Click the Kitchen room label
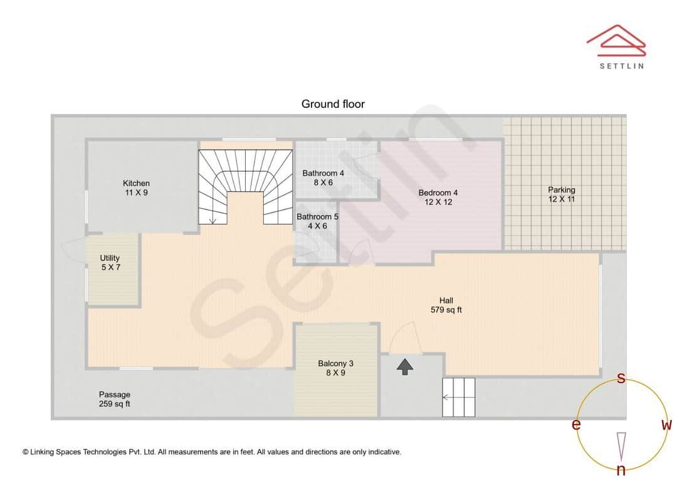137,188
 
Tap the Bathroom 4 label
323,177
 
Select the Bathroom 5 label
317,221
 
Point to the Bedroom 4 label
438,197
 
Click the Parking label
562,194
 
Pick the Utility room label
110,263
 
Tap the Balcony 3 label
336,368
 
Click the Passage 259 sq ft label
115,399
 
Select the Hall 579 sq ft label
446,305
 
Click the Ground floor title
333,104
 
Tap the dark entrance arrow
405,367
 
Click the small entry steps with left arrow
458,397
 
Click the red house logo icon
616,41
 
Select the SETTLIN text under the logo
622,66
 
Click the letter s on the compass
621,378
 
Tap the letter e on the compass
576,424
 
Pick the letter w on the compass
666,424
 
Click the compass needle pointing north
621,446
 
